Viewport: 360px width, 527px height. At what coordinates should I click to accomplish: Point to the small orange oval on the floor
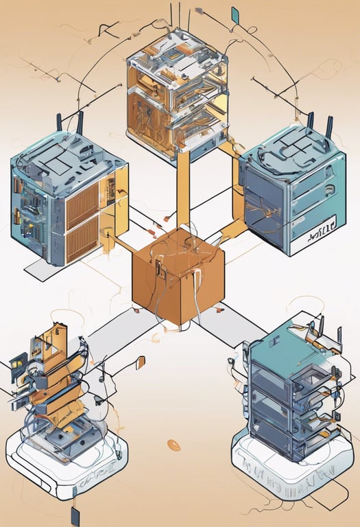point(174,446)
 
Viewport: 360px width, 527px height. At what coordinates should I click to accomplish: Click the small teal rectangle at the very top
point(235,13)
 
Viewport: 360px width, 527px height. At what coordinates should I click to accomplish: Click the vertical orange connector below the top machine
point(183,189)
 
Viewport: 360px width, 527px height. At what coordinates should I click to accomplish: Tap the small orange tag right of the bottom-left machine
point(140,362)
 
